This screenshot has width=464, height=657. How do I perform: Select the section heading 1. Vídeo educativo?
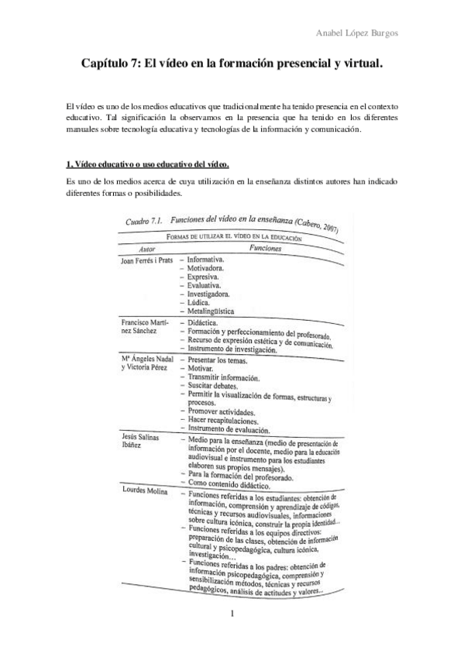(147, 164)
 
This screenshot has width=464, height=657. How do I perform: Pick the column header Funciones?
(268, 248)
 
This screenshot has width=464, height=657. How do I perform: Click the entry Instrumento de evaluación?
(229, 428)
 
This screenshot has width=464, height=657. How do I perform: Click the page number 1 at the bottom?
(232, 636)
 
